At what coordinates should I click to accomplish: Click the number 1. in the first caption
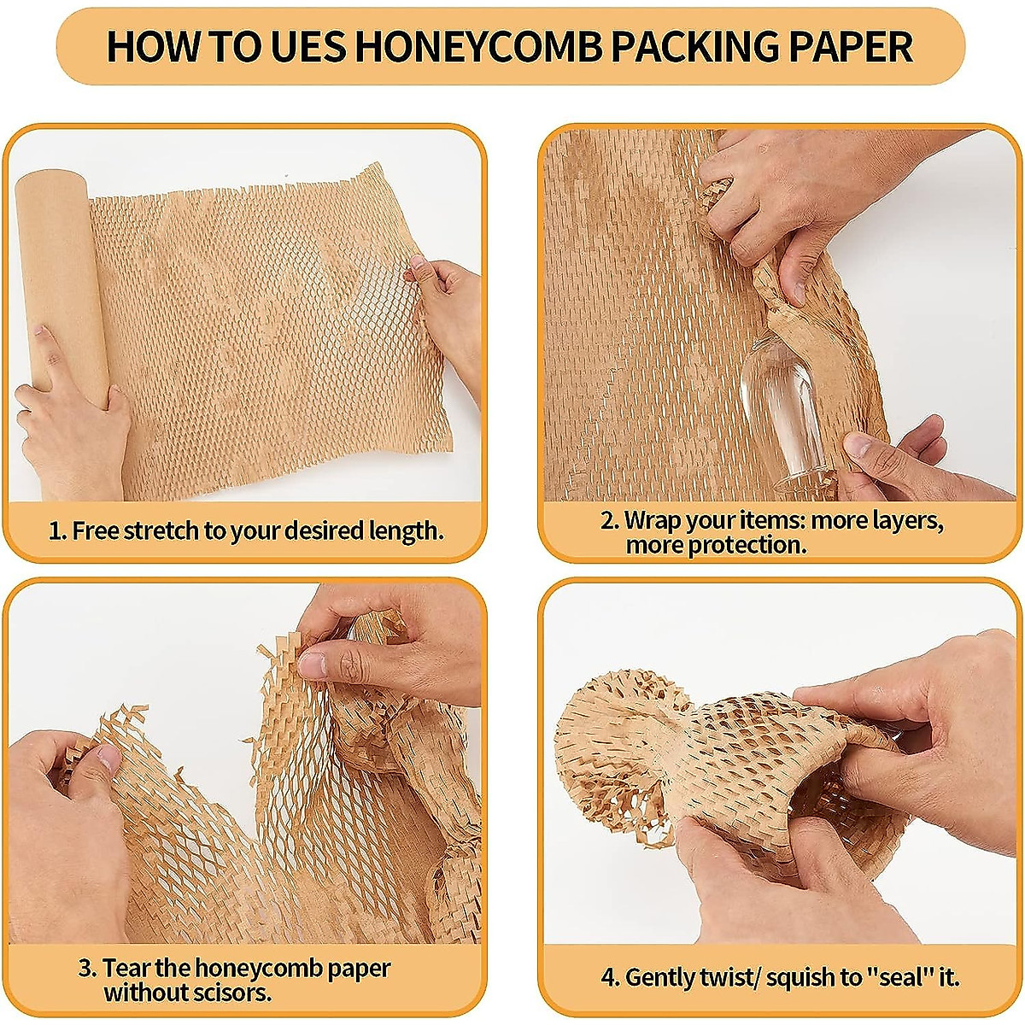pos(57,530)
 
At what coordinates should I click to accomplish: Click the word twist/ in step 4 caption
pos(730,977)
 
